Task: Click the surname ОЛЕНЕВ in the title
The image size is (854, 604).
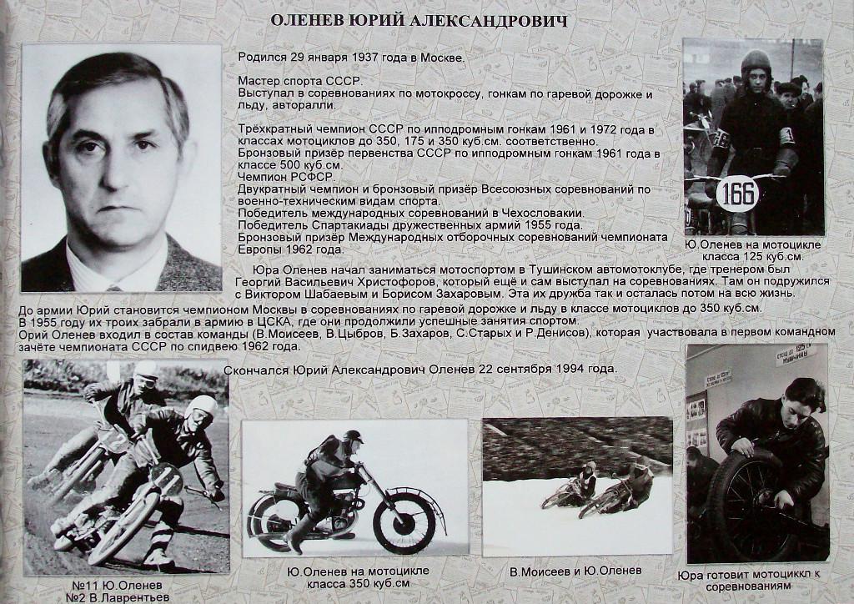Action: coord(323,21)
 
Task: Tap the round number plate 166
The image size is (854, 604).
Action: coord(739,193)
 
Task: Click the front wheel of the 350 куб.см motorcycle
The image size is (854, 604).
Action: coord(404,522)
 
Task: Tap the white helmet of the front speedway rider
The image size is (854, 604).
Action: coord(201,408)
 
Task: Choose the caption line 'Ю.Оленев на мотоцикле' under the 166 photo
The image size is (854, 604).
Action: coord(752,245)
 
